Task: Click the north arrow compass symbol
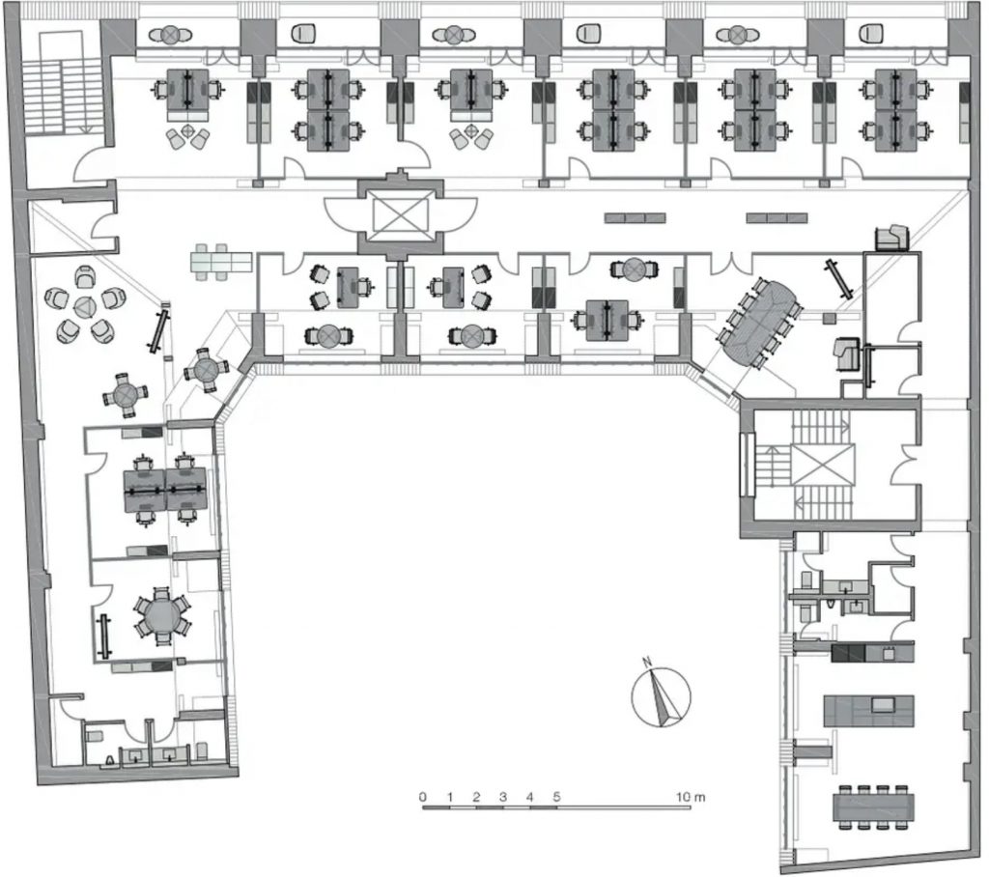661,696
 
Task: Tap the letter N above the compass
646,662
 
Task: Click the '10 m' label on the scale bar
691,797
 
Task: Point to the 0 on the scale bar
423,797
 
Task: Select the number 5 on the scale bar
556,797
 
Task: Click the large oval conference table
759,323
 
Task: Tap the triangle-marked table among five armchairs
84,307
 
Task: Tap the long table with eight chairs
873,806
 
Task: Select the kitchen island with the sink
868,711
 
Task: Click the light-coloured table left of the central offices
221,262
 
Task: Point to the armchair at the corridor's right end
891,237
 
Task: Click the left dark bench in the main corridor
636,218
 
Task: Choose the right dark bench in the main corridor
777,218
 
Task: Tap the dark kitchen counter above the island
872,652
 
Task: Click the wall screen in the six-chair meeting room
105,636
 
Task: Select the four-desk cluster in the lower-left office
165,490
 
